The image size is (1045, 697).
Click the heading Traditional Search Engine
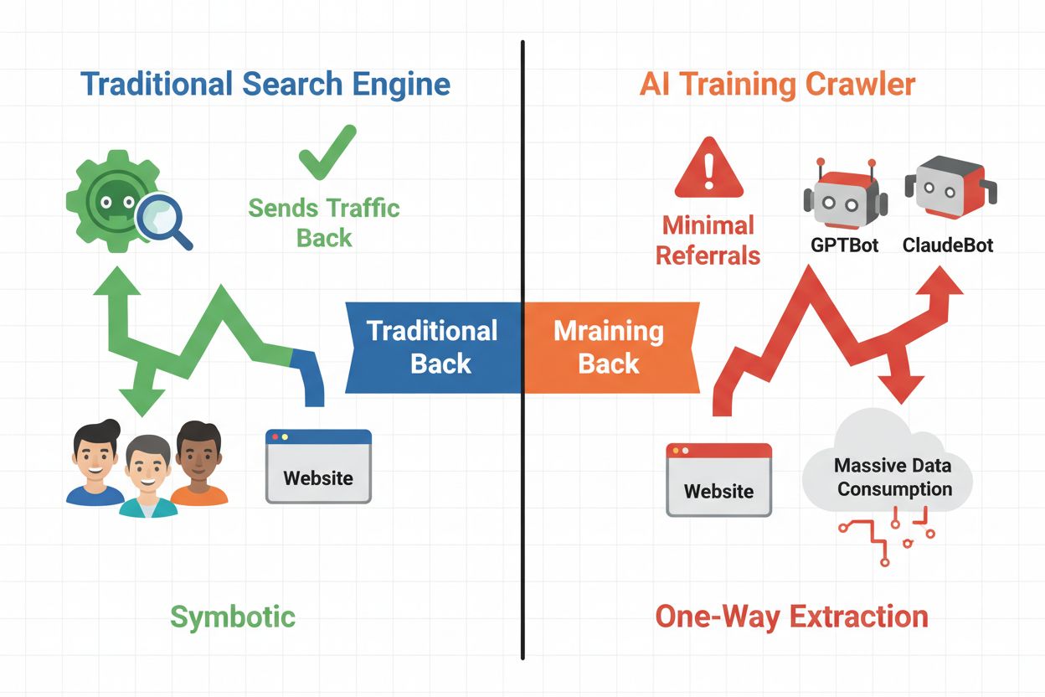tap(265, 85)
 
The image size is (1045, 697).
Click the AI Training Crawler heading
tap(777, 85)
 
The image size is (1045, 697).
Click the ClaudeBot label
tap(948, 246)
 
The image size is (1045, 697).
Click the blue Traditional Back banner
tap(433, 347)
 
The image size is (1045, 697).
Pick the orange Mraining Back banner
tap(610, 347)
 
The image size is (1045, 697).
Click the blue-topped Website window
tap(318, 467)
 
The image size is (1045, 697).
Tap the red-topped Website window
tap(718, 480)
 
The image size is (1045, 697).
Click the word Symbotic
tap(233, 617)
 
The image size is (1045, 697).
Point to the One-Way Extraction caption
tap(791, 617)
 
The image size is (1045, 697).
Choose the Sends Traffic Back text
tap(325, 223)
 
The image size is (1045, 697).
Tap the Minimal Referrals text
tap(708, 240)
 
